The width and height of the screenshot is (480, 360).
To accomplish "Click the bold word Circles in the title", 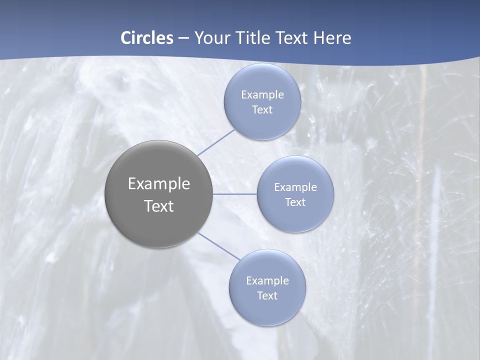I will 146,37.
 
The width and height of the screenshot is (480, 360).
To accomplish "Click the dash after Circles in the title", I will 183,38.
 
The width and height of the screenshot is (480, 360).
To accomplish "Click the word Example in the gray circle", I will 159,184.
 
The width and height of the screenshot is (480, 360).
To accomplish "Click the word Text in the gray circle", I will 159,206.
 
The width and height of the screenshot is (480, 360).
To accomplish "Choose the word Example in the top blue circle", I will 262,95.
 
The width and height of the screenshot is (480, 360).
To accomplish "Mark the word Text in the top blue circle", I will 262,110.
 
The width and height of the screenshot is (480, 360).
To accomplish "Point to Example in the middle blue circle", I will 295,187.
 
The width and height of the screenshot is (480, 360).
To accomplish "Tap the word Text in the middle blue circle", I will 295,202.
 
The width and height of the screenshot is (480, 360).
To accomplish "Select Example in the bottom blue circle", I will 267,281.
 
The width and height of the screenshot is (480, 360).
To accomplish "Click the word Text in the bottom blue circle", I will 267,296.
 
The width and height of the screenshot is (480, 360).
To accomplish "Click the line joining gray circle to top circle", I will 216,142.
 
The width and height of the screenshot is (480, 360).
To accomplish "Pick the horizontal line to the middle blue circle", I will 235,194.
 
